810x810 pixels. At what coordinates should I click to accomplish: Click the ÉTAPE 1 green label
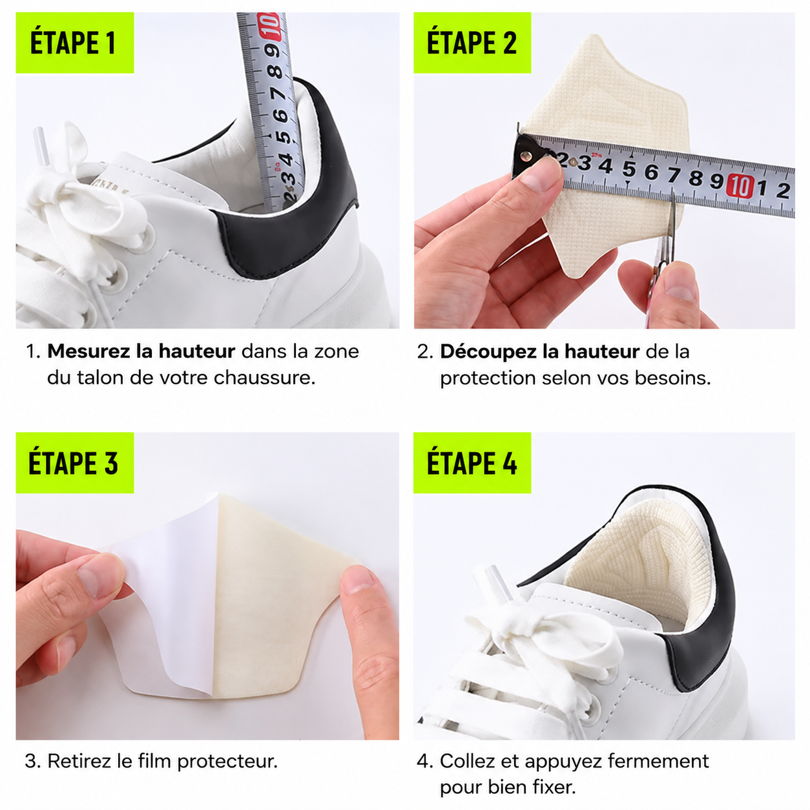(x=75, y=43)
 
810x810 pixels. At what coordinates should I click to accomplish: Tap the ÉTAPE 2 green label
(x=472, y=43)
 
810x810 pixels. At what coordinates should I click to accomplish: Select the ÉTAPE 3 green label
(x=75, y=462)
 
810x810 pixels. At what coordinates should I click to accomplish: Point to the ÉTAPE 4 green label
(x=472, y=462)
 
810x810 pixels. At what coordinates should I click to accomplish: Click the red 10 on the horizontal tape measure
(x=738, y=185)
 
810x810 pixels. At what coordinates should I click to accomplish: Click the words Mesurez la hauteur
(x=141, y=351)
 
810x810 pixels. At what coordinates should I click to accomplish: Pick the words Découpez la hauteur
(x=540, y=351)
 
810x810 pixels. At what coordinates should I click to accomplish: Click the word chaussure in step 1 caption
(x=264, y=377)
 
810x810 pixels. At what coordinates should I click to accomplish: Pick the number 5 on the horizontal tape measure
(x=629, y=169)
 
